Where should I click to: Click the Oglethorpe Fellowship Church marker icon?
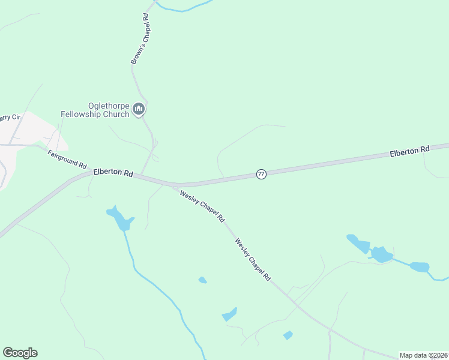139,109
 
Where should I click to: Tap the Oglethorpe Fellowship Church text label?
95,109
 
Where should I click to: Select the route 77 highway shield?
261,174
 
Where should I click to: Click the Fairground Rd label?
67,158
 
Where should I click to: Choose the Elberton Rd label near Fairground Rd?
113,173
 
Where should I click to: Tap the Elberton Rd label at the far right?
410,152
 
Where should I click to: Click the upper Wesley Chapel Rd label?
202,204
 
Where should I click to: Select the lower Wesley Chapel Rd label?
253,260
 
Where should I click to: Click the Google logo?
20,353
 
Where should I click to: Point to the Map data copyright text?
423,355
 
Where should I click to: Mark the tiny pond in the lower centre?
203,280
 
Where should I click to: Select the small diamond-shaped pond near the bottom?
288,335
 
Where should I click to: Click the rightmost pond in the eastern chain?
420,267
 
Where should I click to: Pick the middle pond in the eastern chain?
381,254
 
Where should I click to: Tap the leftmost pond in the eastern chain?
359,243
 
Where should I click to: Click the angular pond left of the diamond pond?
230,314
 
